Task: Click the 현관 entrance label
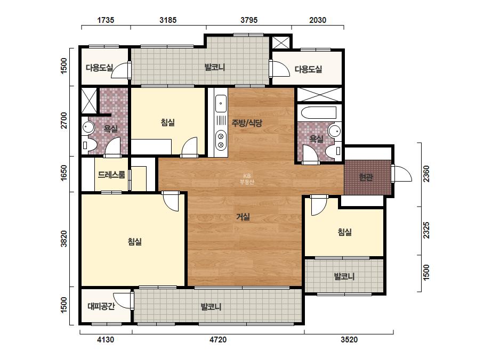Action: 366,177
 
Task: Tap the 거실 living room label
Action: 243,216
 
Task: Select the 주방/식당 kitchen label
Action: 247,123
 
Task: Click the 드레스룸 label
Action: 111,175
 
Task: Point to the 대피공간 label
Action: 101,306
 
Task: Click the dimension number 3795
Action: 249,20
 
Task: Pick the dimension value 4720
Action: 218,340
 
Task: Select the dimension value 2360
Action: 426,174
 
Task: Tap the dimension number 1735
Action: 106,20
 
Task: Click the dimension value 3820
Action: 63,239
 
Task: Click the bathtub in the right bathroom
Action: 318,112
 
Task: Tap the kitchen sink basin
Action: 221,103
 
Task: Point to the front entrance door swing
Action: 402,174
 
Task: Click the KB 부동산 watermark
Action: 247,179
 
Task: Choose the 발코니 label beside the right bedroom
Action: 344,276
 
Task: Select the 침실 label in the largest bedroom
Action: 135,241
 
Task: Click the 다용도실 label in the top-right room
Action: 308,69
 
